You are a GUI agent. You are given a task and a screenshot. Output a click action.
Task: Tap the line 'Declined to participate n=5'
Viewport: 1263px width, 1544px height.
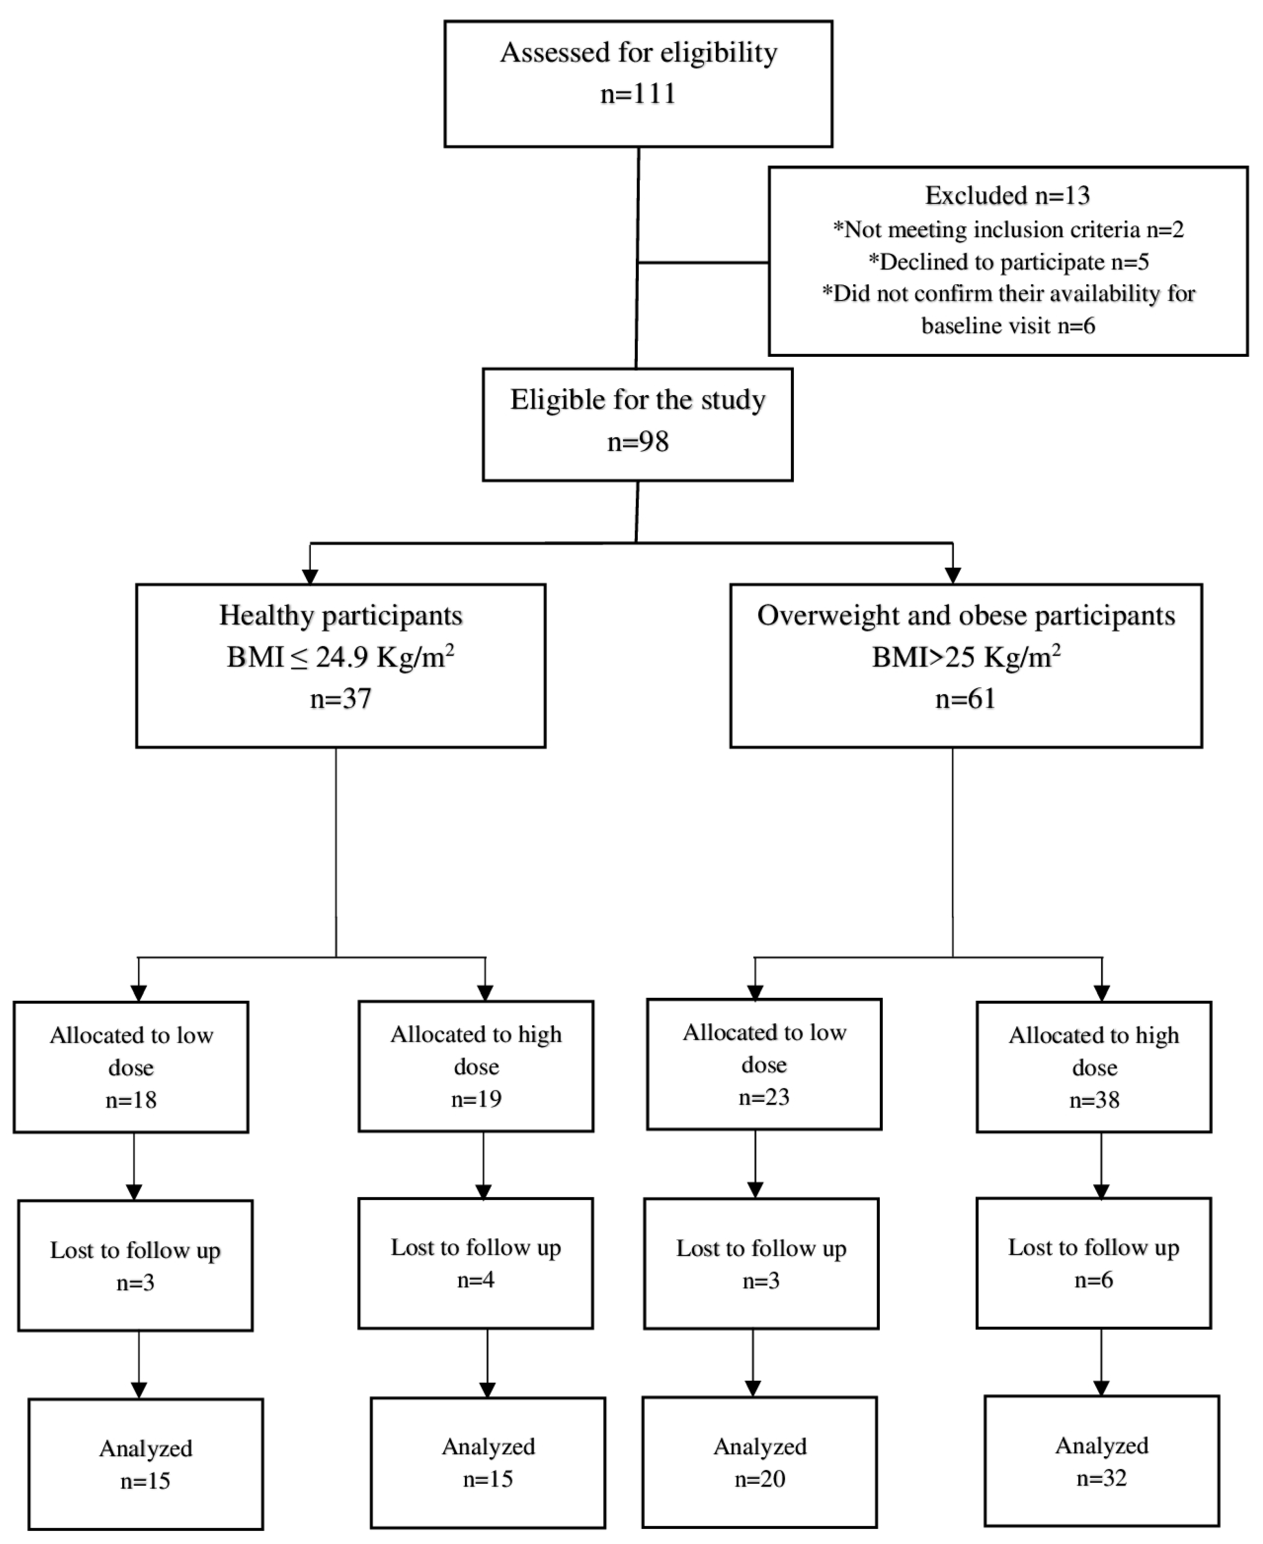pyautogui.click(x=1009, y=262)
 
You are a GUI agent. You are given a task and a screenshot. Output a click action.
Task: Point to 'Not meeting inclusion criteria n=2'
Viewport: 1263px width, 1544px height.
pyautogui.click(x=1009, y=230)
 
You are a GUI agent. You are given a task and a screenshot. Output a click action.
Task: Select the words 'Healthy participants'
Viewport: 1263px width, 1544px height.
pyautogui.click(x=340, y=616)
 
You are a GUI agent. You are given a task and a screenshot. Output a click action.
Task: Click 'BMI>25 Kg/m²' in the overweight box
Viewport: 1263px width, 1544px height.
pyautogui.click(x=966, y=658)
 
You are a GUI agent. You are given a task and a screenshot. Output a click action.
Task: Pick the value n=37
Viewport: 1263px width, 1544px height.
pyautogui.click(x=340, y=699)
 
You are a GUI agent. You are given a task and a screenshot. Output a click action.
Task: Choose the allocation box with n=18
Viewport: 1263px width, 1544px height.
pyautogui.click(x=131, y=1067)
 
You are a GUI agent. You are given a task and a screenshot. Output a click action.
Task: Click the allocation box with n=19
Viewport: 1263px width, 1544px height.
pyautogui.click(x=476, y=1066)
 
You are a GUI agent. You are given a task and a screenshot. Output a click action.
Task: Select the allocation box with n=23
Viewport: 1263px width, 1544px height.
pyautogui.click(x=764, y=1064)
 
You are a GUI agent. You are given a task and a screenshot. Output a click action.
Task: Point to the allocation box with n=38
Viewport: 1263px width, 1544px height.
pyautogui.click(x=1094, y=1067)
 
